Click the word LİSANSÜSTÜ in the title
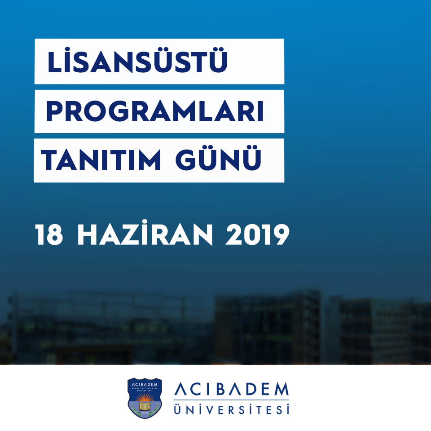click(137, 62)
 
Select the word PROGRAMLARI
click(154, 112)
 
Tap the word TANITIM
click(101, 160)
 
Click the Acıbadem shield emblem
click(144, 398)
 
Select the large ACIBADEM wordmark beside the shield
click(231, 391)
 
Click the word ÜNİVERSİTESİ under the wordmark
click(231, 409)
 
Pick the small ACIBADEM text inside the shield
click(144, 383)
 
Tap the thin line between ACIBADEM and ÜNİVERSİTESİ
click(231, 400)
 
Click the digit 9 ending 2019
click(280, 235)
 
